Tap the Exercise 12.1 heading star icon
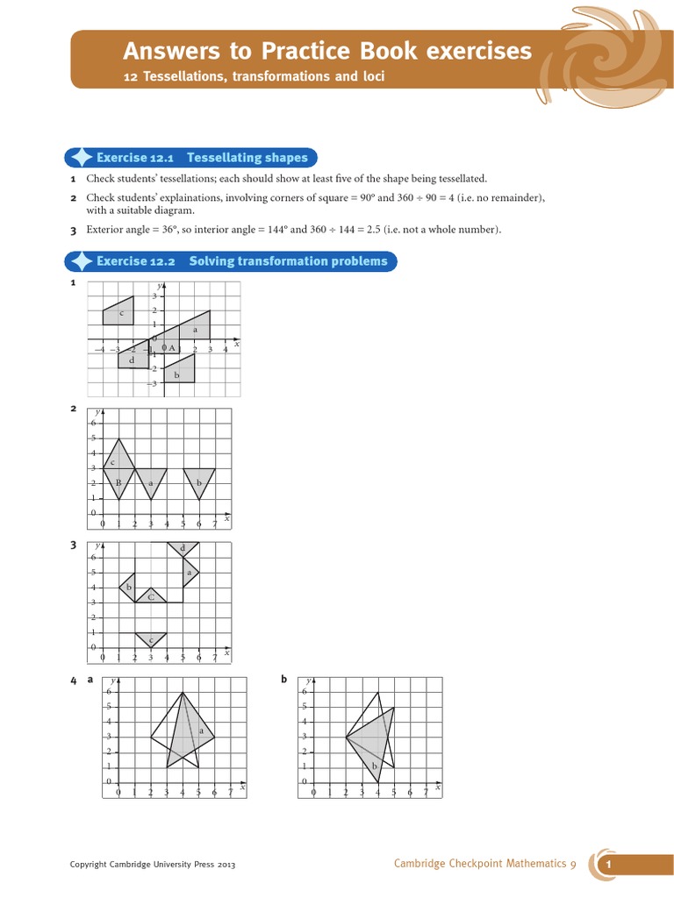pyautogui.click(x=81, y=158)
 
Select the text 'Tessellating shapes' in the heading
pyautogui.click(x=247, y=158)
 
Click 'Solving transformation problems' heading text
pyautogui.click(x=288, y=261)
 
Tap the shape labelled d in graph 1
pyautogui.click(x=133, y=359)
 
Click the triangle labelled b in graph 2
pyautogui.click(x=199, y=481)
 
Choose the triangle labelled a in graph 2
pyautogui.click(x=151, y=481)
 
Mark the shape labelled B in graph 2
pyautogui.click(x=118, y=483)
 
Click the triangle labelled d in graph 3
pyautogui.click(x=183, y=549)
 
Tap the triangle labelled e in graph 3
pyautogui.click(x=151, y=639)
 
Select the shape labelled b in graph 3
pyautogui.click(x=128, y=587)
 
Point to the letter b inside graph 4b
pyautogui.click(x=375, y=766)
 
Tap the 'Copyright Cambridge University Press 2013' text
pyautogui.click(x=153, y=865)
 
